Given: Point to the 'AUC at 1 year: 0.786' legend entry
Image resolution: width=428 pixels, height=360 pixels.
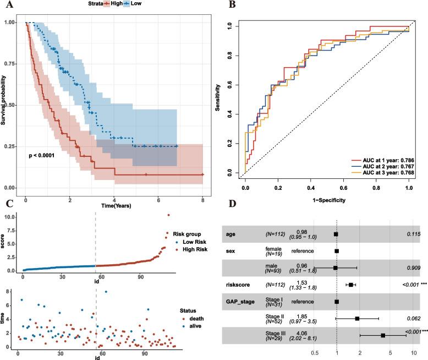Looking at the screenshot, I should click(383, 160).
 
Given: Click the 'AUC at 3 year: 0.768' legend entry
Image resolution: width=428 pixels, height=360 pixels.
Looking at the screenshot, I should click(383, 173).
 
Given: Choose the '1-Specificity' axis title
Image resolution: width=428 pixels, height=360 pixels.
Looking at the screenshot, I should click(327, 201).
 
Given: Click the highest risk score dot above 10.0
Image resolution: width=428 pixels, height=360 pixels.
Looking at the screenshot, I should click(168, 215).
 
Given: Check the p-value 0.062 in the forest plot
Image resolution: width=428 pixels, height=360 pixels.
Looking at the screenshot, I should click(413, 318).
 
